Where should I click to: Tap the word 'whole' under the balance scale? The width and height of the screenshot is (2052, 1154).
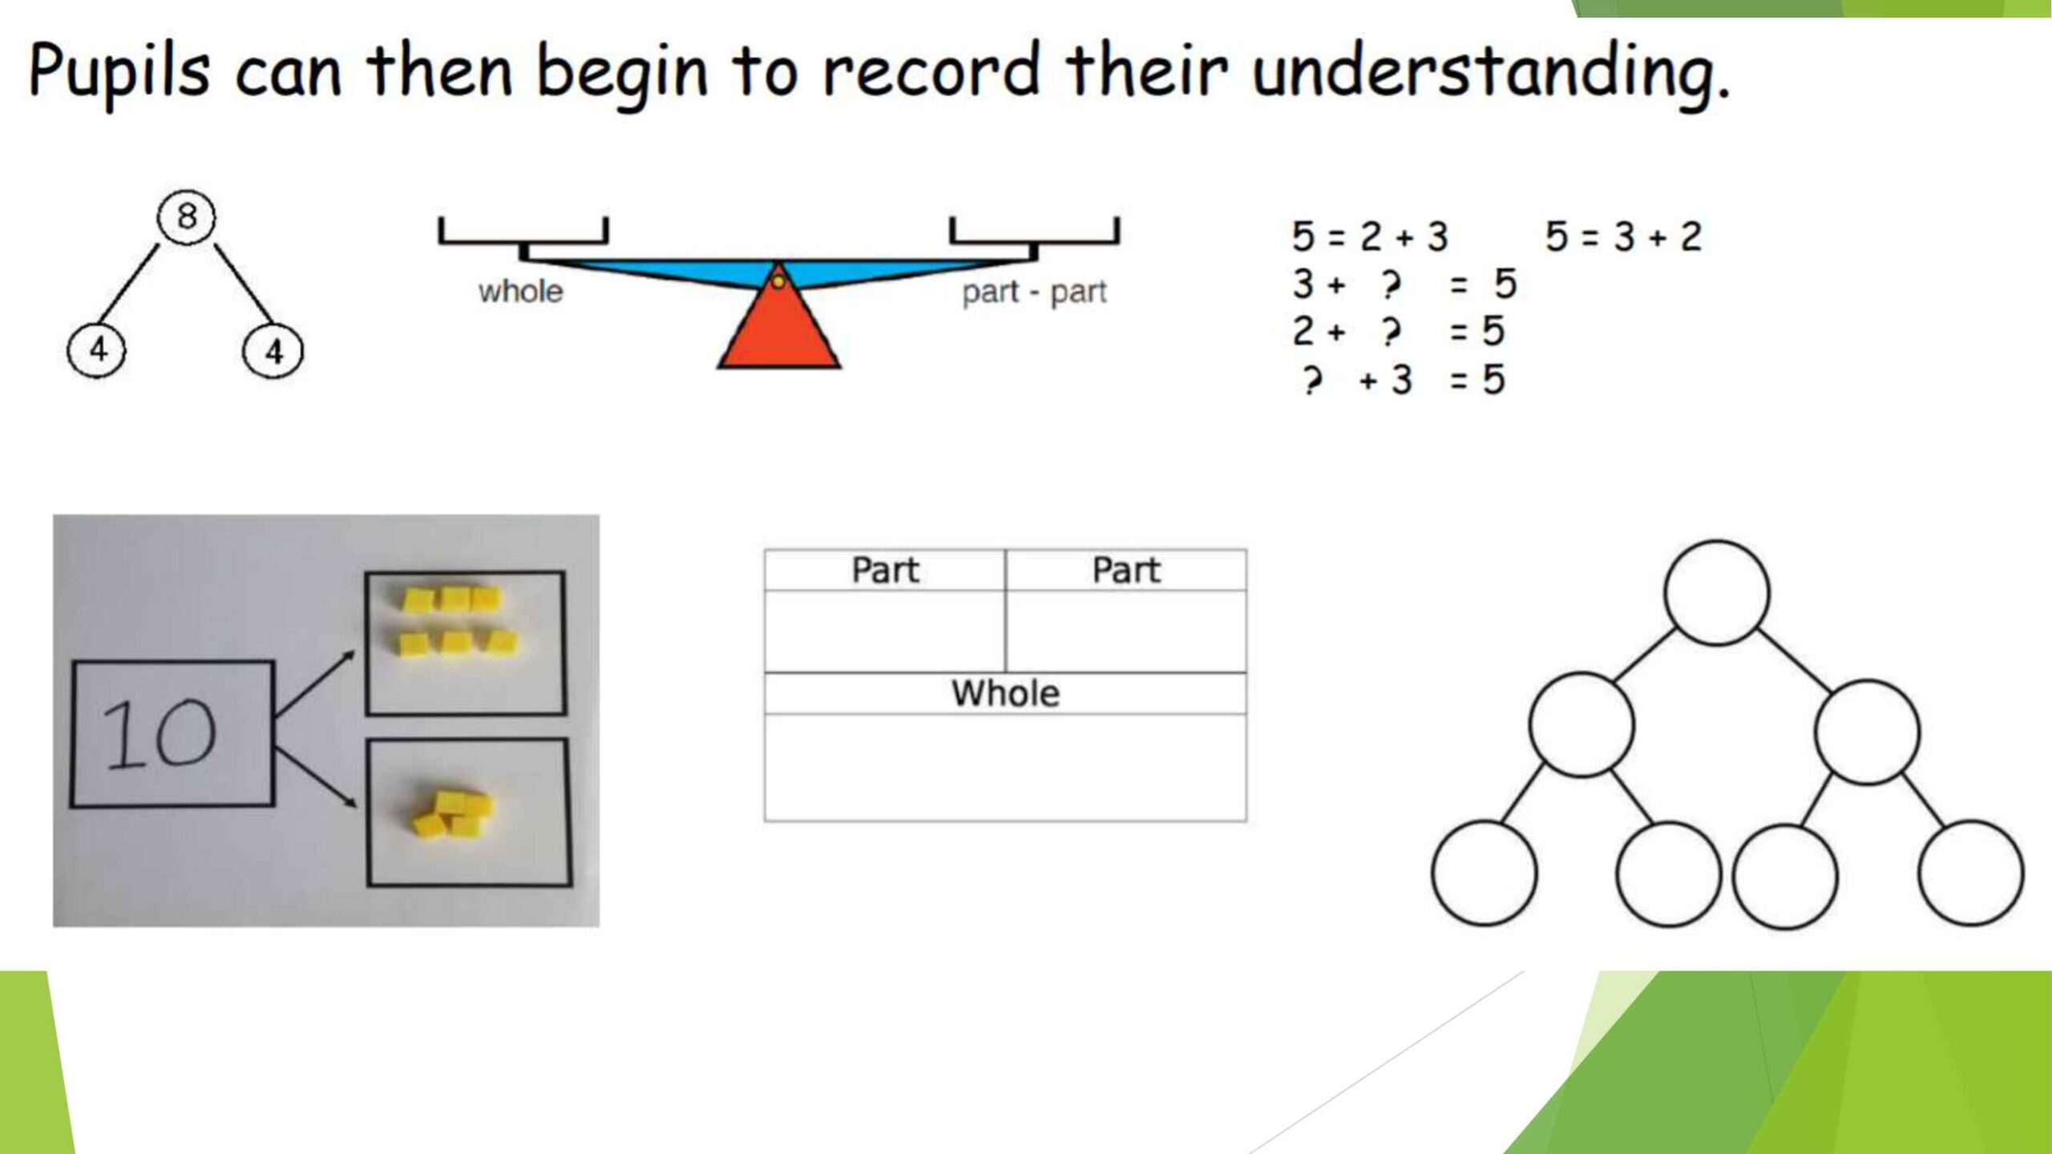click(x=520, y=291)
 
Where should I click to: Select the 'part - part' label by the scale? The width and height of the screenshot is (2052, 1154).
click(x=1034, y=293)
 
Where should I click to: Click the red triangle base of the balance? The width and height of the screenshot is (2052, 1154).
click(x=778, y=321)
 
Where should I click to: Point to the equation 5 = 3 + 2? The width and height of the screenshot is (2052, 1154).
click(x=1623, y=236)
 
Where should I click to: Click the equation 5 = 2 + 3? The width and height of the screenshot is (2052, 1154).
click(x=1370, y=236)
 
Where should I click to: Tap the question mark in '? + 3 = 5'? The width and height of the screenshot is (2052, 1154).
click(x=1311, y=379)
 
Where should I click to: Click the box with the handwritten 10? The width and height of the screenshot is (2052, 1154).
click(x=172, y=733)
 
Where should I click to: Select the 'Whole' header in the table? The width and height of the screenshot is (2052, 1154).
click(x=1005, y=693)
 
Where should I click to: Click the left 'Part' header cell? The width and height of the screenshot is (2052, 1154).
click(x=885, y=570)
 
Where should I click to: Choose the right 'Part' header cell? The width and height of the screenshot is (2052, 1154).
click(x=1126, y=570)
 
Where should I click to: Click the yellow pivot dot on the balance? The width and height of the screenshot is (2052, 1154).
click(x=778, y=281)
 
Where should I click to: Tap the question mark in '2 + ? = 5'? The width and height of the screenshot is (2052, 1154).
click(x=1392, y=332)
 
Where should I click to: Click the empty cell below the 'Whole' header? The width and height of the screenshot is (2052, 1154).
click(x=1005, y=767)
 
